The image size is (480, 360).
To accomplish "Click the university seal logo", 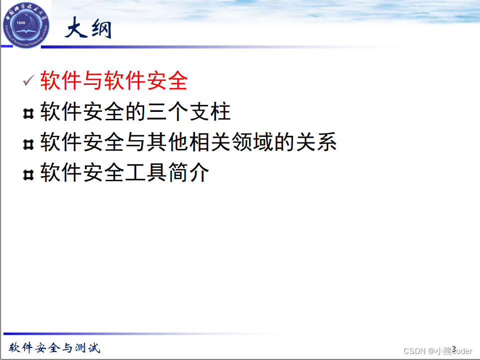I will coord(26,23).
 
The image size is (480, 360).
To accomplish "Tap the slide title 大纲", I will coord(88,29).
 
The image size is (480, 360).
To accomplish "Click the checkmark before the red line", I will coord(28,80).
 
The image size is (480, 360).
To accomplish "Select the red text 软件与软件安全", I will coord(114,80).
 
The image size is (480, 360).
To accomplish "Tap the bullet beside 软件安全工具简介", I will coord(28,175).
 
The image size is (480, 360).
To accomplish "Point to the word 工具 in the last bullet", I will coord(146,173).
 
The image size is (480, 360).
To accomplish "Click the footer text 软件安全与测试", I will coord(54,348).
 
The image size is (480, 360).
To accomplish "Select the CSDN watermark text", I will coord(437,351).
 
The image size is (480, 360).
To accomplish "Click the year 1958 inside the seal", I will coord(21,23).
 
